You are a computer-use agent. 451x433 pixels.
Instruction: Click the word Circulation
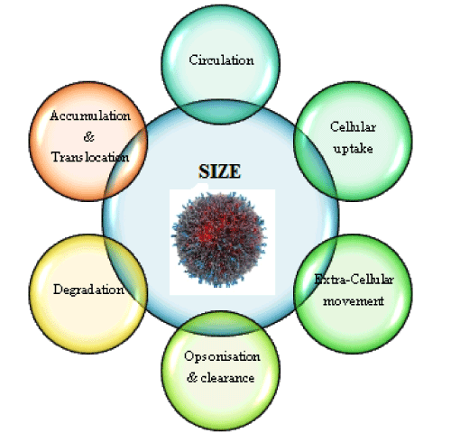pos(221,60)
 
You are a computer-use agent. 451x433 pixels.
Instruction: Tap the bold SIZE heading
pos(219,171)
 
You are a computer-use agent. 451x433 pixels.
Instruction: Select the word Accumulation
pos(90,115)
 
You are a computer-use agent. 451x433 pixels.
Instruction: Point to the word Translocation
pos(90,157)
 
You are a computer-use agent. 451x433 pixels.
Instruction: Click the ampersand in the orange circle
pos(89,136)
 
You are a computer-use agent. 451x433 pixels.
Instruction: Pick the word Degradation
pos(88,290)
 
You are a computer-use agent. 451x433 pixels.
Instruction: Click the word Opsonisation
pos(222,356)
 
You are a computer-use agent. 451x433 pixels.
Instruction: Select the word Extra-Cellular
pos(354,280)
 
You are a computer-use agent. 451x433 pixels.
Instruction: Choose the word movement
pos(354,300)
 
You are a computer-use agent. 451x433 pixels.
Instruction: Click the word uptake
pos(354,149)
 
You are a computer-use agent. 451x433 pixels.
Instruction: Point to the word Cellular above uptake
pos(353,126)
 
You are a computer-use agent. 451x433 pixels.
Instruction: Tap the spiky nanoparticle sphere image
pos(218,239)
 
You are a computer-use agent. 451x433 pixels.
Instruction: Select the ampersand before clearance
pos(192,377)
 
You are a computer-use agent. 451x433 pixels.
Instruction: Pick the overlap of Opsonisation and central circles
pos(221,323)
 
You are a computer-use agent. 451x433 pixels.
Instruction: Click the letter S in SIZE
pos(204,171)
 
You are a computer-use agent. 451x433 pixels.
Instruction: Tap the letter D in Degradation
pos(58,289)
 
